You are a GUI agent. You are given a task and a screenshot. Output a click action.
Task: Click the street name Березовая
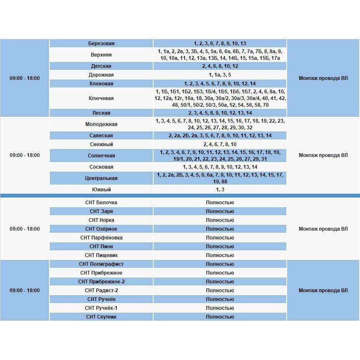click(x=101, y=44)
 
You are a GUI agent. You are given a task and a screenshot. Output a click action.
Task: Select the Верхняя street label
click(x=101, y=55)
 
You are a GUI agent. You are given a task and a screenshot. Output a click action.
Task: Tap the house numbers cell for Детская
click(x=220, y=66)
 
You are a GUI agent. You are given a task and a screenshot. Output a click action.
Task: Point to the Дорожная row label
click(x=101, y=75)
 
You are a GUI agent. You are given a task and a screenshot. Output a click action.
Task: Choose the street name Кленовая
click(x=101, y=84)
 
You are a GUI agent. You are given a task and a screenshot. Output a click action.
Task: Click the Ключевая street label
click(x=101, y=98)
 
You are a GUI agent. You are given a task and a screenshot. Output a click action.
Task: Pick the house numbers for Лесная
click(x=220, y=113)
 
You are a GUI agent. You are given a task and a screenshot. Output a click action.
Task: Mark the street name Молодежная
click(x=101, y=124)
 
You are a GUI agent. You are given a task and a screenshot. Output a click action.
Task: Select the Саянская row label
click(x=101, y=136)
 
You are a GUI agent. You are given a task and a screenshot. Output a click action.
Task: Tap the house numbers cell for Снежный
click(x=220, y=144)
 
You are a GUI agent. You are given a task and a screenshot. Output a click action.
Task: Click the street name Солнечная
click(x=101, y=156)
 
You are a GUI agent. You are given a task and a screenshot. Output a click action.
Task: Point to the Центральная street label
click(x=101, y=178)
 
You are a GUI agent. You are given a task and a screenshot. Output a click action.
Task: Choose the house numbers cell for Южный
click(x=220, y=190)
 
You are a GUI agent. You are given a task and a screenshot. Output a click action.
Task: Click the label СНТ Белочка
click(x=101, y=203)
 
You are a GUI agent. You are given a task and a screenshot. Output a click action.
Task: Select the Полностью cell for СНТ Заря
click(x=220, y=211)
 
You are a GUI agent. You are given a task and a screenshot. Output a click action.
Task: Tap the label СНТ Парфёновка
click(x=101, y=238)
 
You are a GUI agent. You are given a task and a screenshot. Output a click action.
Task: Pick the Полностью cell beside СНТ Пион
click(x=220, y=247)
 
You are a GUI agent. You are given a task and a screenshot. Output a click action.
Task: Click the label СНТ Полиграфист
click(x=101, y=264)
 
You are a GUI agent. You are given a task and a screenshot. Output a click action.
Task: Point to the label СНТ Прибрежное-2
click(x=101, y=282)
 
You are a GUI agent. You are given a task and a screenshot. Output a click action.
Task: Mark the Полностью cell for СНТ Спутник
click(x=220, y=317)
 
